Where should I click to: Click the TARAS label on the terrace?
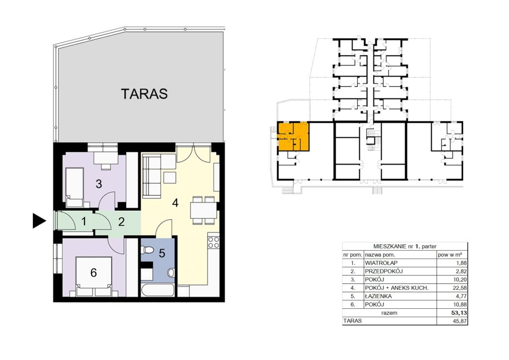[145, 94]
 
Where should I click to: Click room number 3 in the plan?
[99, 184]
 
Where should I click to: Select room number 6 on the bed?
[93, 272]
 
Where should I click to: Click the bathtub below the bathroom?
[157, 290]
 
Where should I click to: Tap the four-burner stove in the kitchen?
[213, 242]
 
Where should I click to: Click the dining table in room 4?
[203, 210]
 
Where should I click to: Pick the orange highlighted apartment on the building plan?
[292, 136]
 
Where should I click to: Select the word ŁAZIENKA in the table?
[378, 296]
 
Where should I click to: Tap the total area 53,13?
[459, 313]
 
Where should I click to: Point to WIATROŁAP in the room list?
[381, 263]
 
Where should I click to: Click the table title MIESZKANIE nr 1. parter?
[405, 247]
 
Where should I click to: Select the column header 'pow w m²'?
[450, 255]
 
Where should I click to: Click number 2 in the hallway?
[121, 222]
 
